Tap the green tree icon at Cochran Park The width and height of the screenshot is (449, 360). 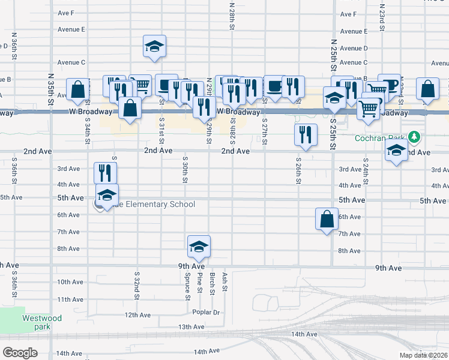(x=412, y=137)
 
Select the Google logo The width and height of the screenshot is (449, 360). (x=20, y=353)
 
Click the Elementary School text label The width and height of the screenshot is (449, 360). (x=157, y=205)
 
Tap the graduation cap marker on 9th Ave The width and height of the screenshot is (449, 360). (x=199, y=245)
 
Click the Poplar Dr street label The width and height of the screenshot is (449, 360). (x=206, y=313)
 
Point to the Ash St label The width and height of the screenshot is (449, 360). (x=224, y=280)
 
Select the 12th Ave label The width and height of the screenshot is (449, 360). (x=137, y=314)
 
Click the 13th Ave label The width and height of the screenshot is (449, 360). (x=191, y=327)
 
